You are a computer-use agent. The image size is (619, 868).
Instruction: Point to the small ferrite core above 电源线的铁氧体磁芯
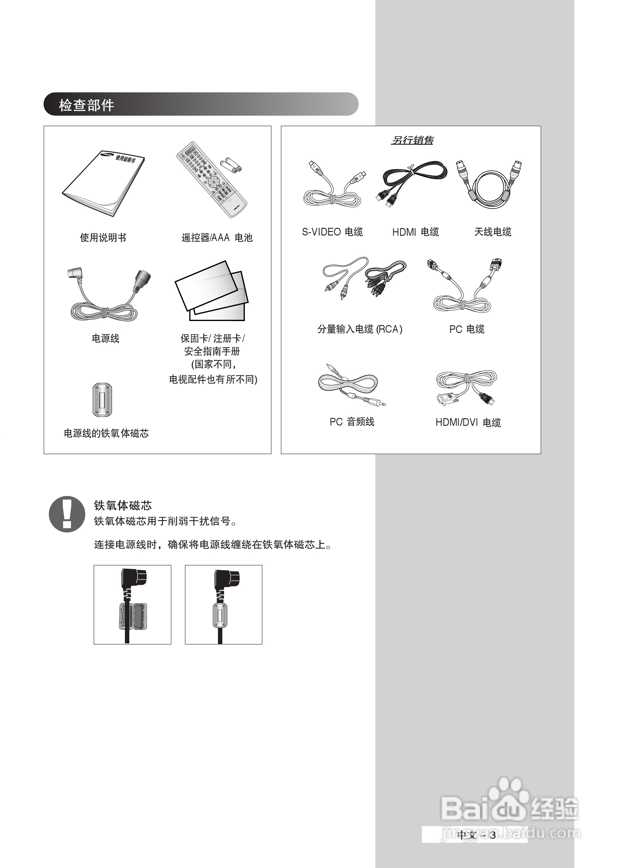[x=102, y=399]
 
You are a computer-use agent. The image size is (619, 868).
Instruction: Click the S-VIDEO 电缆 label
[x=332, y=232]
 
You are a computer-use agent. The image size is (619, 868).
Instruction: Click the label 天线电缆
[x=492, y=232]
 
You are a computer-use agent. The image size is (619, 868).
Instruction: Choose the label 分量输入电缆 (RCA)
[x=360, y=329]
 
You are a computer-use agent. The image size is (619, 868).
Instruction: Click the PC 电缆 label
[x=467, y=329]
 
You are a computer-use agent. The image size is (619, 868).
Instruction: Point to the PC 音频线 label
[x=352, y=422]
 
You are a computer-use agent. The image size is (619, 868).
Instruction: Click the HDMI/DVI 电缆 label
[x=468, y=422]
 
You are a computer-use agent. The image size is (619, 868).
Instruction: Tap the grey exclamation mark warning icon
[x=67, y=514]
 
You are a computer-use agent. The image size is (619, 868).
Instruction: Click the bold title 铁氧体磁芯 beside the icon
[x=123, y=505]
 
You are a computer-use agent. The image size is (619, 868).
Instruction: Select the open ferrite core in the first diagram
[x=132, y=616]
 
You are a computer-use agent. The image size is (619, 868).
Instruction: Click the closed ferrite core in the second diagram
[x=220, y=615]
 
